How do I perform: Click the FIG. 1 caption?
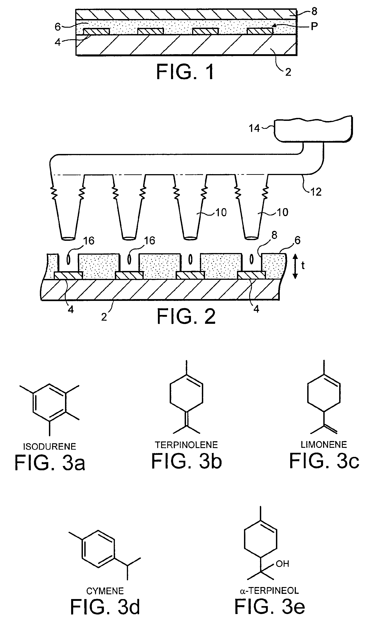[185, 72]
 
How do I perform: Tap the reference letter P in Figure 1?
[314, 26]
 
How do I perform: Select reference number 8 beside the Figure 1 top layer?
[314, 11]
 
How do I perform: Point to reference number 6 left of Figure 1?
[58, 27]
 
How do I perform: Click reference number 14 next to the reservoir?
[254, 128]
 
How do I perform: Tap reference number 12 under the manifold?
[316, 192]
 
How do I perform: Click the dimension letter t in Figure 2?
[303, 265]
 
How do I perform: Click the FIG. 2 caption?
[186, 317]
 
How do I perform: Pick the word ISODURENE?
[49, 447]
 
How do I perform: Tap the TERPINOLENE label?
[186, 445]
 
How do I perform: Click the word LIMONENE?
[324, 445]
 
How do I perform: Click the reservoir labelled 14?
[313, 129]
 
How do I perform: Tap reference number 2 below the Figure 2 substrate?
[104, 317]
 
